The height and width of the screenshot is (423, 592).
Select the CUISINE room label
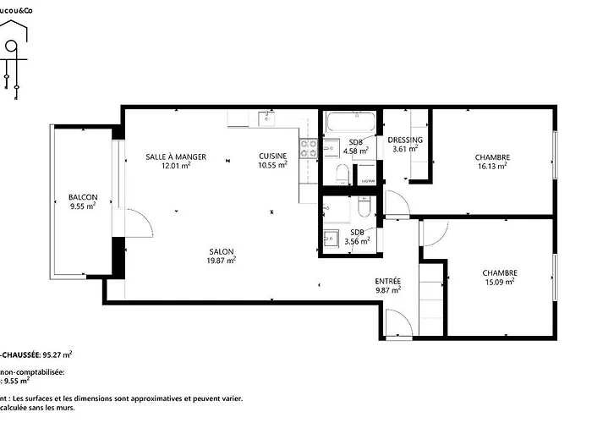tap(272, 156)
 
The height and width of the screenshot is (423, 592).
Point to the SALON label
tap(222, 251)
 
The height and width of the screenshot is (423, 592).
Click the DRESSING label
tap(405, 140)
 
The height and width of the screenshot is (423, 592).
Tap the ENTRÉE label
tap(387, 281)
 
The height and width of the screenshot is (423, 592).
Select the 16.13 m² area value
tap(491, 167)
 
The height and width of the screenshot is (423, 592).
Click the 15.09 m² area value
tap(499, 283)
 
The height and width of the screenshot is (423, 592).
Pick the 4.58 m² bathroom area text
tap(357, 151)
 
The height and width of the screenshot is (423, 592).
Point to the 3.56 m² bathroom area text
tap(357, 241)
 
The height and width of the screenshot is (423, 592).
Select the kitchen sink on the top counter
tap(269, 118)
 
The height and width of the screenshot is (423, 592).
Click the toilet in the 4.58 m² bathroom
tap(340, 174)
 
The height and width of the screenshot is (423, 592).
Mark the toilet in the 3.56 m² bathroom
tap(364, 206)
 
